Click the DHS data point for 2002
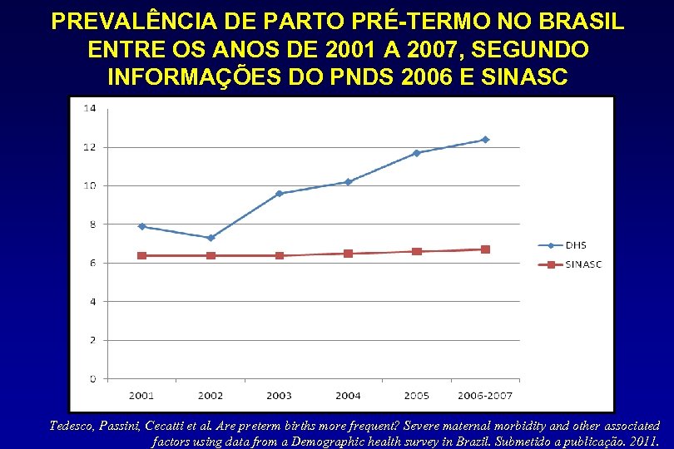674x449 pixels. click(211, 238)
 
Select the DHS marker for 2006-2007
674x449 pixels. click(485, 140)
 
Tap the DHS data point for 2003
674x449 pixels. click(280, 194)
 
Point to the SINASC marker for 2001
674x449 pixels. click(142, 255)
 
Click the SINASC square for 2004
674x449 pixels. click(348, 254)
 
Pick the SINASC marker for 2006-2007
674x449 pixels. click(485, 249)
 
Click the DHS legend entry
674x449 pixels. click(566, 245)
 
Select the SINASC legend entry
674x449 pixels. click(574, 264)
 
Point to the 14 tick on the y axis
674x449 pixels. click(89, 108)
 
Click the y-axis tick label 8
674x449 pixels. click(92, 224)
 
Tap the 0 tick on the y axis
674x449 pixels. click(92, 379)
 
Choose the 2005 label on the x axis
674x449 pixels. click(416, 395)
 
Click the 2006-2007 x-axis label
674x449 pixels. click(485, 395)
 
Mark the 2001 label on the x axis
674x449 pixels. click(142, 395)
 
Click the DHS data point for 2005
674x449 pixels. click(416, 153)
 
